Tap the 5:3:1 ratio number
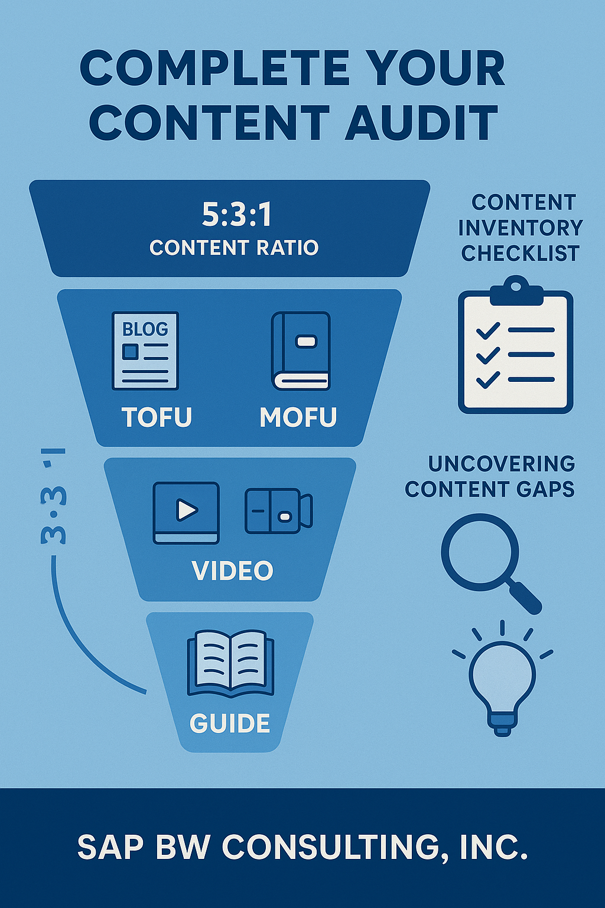click(237, 215)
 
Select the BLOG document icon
click(145, 351)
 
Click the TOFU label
click(157, 417)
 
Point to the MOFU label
click(298, 417)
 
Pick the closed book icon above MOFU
click(301, 351)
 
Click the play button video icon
click(186, 512)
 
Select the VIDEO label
click(233, 570)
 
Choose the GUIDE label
click(230, 724)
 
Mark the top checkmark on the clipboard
click(488, 330)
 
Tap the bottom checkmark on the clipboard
click(488, 380)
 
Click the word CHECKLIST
click(520, 254)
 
